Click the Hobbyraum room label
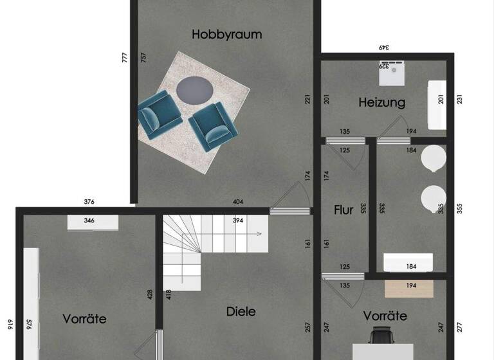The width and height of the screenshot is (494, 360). (x=227, y=35)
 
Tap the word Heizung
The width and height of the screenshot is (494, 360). (x=382, y=102)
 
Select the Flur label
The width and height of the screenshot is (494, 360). (x=343, y=210)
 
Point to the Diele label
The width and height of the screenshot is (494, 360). (x=241, y=312)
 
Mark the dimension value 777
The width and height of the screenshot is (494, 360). (x=125, y=58)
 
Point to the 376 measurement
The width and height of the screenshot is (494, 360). (x=89, y=202)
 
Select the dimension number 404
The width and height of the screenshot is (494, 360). (x=237, y=202)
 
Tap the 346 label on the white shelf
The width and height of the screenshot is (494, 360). (x=89, y=221)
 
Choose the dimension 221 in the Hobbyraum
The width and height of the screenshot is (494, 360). (x=307, y=100)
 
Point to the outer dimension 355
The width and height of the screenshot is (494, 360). (x=459, y=209)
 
